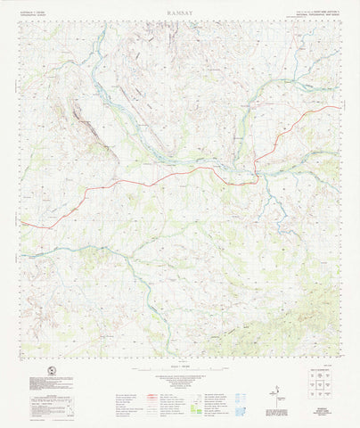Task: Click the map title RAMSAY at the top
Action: pyautogui.click(x=179, y=14)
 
